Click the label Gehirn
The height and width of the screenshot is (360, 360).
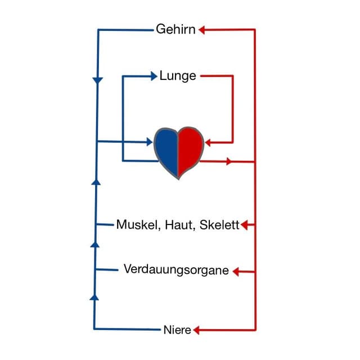point(175,29)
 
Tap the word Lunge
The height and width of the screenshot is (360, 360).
point(178,75)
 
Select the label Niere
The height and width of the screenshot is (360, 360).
point(177,330)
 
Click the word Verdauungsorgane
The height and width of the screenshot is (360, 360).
point(176,270)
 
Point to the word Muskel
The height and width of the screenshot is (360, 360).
point(138,225)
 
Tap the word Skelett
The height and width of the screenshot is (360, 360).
point(219,225)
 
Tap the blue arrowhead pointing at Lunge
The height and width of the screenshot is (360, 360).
point(154,75)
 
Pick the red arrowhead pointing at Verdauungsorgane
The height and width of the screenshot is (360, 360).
point(236,272)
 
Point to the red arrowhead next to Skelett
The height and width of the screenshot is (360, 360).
point(245,226)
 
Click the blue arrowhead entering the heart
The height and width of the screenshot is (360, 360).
point(148,142)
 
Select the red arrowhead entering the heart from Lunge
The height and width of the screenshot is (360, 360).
point(209,142)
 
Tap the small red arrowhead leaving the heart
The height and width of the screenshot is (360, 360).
point(228,161)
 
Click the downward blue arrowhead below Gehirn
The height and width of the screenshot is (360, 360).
point(97,81)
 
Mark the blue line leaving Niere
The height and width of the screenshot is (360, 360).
point(129,329)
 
